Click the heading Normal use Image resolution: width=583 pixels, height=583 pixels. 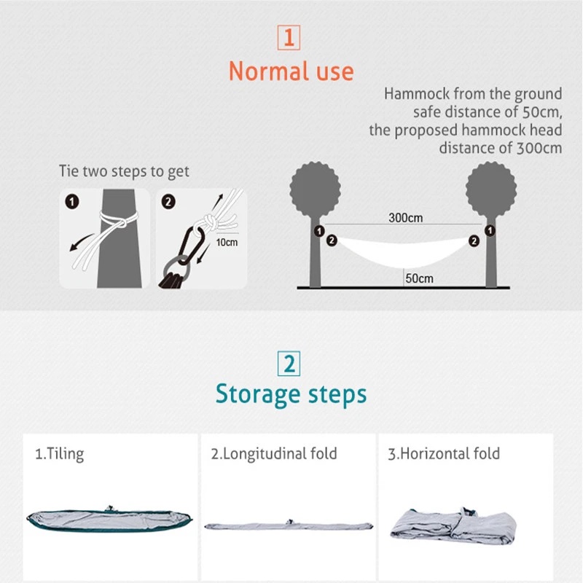pyautogui.click(x=291, y=71)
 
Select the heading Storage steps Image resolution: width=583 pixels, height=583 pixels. pyautogui.click(x=291, y=394)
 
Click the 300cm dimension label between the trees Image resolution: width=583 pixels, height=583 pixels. pyautogui.click(x=405, y=218)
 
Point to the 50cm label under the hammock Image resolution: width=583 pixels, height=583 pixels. pyautogui.click(x=420, y=278)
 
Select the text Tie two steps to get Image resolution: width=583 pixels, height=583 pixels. pyautogui.click(x=124, y=172)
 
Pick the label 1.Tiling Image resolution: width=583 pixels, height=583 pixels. pyautogui.click(x=60, y=453)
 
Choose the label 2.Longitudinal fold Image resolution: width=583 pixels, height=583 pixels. pyautogui.click(x=274, y=453)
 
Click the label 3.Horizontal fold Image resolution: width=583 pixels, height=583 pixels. pyautogui.click(x=444, y=453)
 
